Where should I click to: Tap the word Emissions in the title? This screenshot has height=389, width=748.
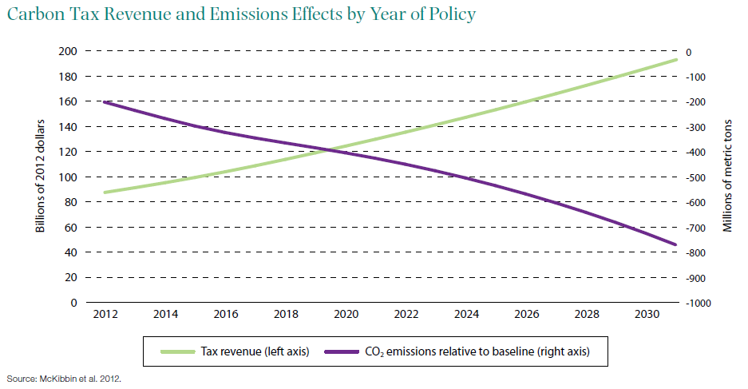point(224,15)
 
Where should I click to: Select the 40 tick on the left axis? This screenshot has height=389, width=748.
point(69,252)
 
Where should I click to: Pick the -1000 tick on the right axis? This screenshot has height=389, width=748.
point(696,304)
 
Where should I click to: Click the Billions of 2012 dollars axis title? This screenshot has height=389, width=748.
point(39,177)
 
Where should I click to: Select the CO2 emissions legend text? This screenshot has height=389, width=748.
point(476,351)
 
